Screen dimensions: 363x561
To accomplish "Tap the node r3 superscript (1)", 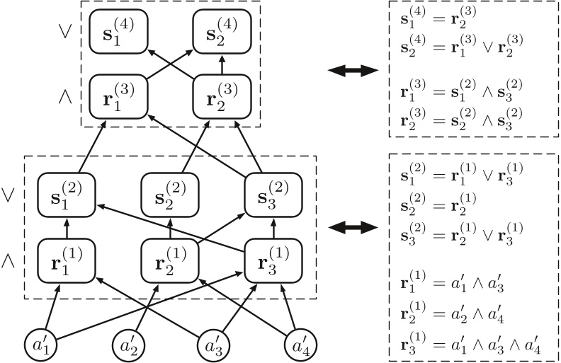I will tap(273, 259).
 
